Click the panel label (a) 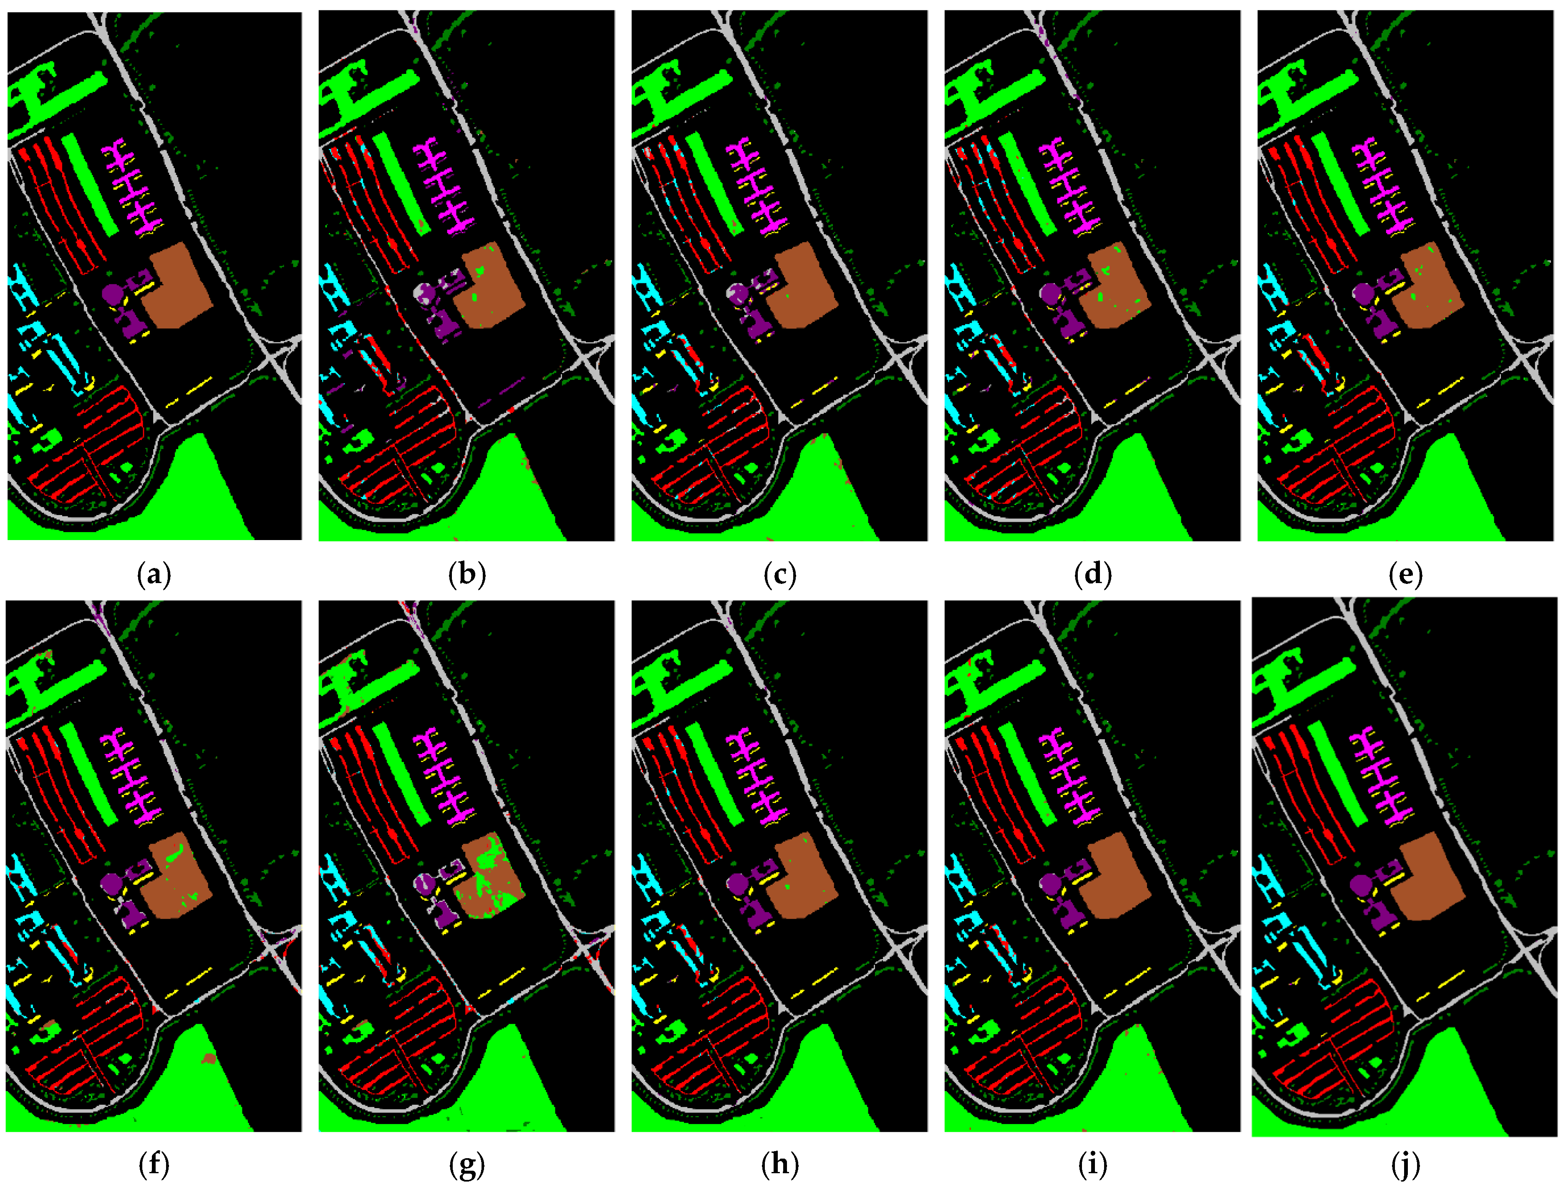pyautogui.click(x=154, y=574)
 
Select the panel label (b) pyautogui.click(x=467, y=574)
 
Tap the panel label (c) pyautogui.click(x=779, y=574)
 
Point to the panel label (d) pyautogui.click(x=1093, y=574)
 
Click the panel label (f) pyautogui.click(x=154, y=1164)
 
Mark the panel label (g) pyautogui.click(x=467, y=1164)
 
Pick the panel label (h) pyautogui.click(x=779, y=1164)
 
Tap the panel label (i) pyautogui.click(x=1093, y=1164)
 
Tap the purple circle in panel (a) pyautogui.click(x=112, y=292)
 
